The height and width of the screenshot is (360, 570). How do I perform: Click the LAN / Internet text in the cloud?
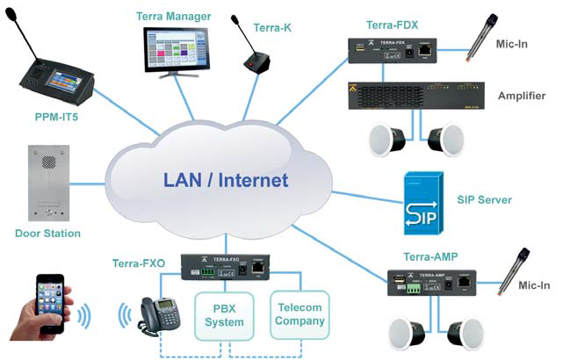coord(225,180)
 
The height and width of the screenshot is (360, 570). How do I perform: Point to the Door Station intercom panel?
coord(47,184)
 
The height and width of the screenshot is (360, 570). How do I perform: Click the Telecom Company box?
coord(301,314)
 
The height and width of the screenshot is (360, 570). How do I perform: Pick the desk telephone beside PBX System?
coord(153,314)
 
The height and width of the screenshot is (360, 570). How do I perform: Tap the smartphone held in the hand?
coord(50,303)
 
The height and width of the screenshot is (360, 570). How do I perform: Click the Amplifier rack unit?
coord(415,97)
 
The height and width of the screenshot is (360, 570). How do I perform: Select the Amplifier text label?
coord(522,96)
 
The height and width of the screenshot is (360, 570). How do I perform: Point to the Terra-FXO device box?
coord(225,266)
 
